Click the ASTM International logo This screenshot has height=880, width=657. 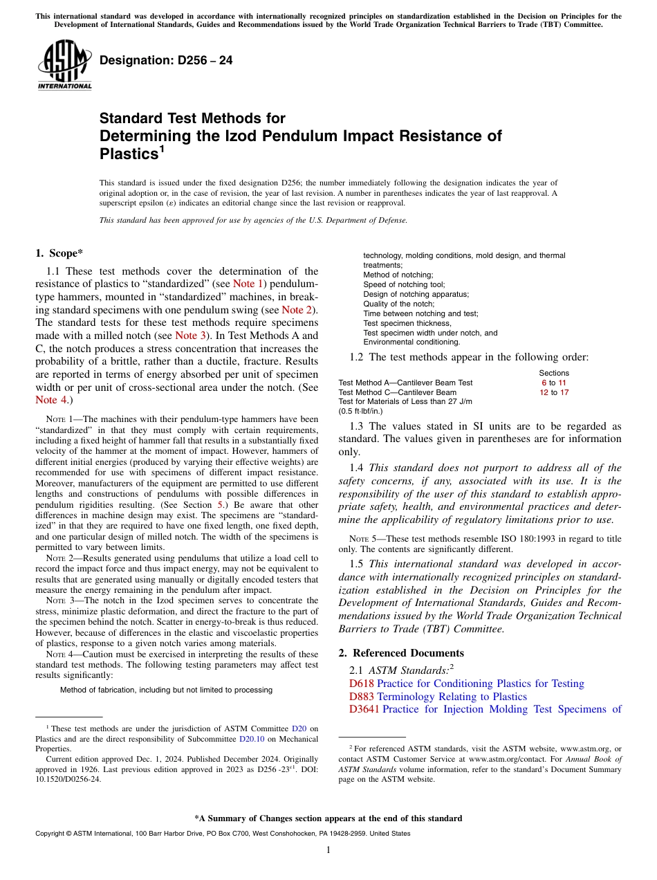coord(64,64)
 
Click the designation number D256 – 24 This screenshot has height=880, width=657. coord(166,61)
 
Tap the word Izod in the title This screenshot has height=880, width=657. coord(255,136)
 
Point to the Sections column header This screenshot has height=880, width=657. coord(553,373)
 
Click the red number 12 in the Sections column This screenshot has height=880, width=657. coord(544,392)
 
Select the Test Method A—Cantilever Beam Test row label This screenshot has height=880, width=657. coord(405,383)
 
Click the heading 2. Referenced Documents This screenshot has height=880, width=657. coord(401,653)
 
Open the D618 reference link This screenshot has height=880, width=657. coord(361,684)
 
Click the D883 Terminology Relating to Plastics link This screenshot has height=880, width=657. coord(438,697)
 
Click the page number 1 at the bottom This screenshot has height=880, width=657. coord(328,850)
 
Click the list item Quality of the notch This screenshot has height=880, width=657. coord(399,304)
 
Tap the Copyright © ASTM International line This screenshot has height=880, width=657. coord(222,834)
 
